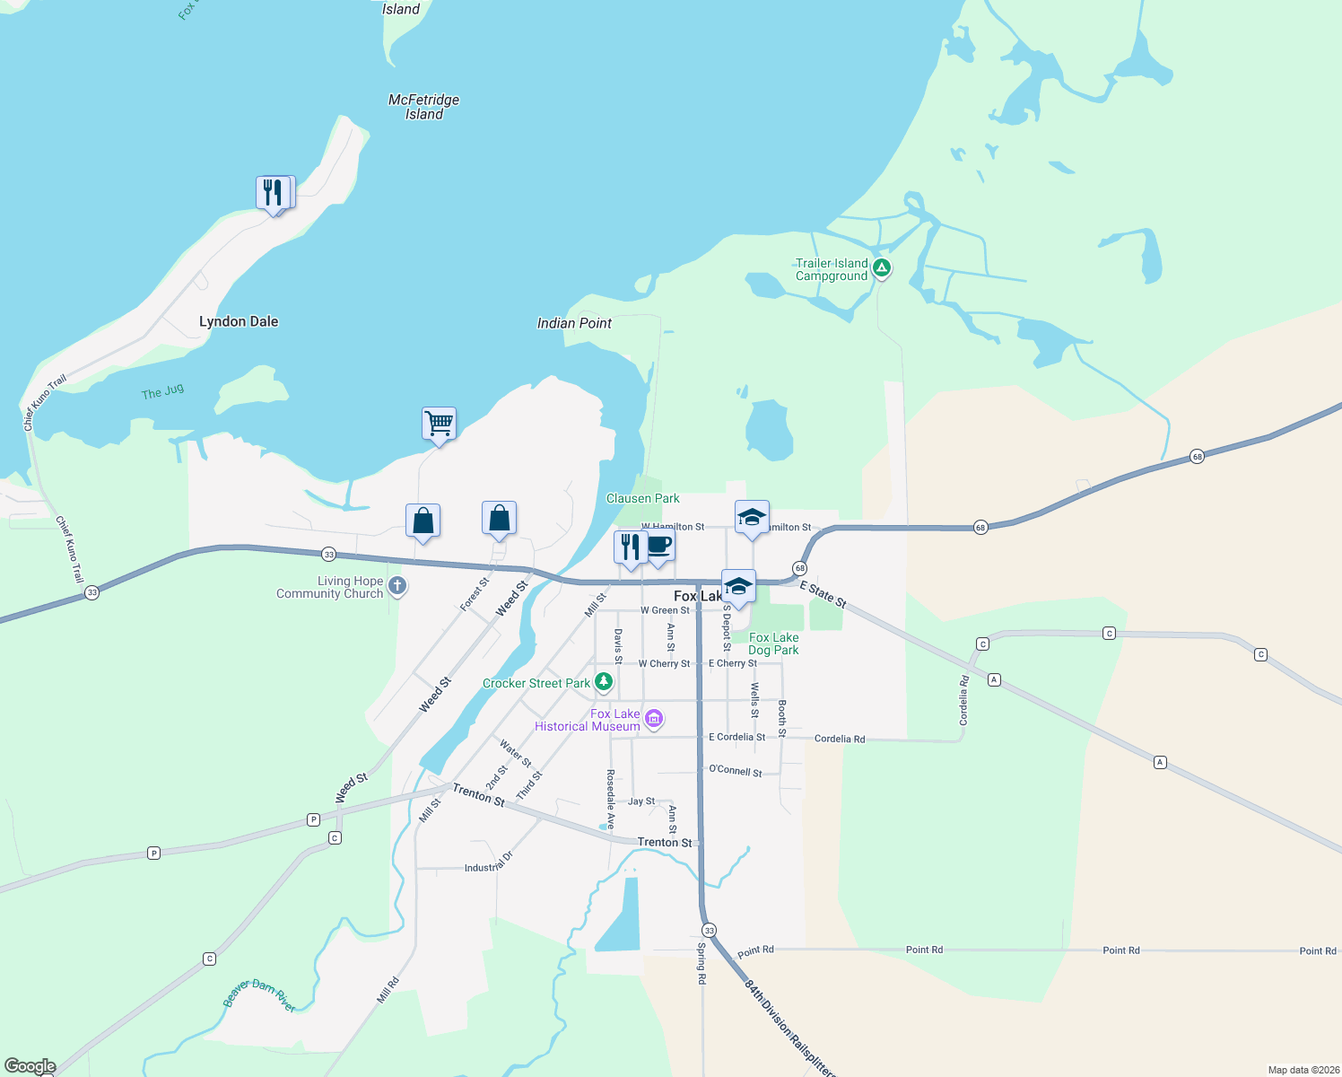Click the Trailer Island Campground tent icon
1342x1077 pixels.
[882, 267]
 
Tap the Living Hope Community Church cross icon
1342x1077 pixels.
[397, 587]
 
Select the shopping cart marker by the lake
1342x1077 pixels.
[439, 422]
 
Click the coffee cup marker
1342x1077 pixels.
[659, 545]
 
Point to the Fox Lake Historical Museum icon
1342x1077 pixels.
[655, 718]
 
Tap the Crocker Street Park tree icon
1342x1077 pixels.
[605, 682]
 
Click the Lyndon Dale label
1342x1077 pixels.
[239, 321]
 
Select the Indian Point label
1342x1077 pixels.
[574, 323]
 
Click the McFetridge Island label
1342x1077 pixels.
[423, 107]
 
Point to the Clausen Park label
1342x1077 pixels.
[643, 498]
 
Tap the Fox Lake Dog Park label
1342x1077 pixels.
[773, 644]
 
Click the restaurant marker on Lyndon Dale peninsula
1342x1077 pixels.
[273, 192]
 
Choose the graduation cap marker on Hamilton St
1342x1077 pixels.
[752, 517]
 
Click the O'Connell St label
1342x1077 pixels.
[735, 770]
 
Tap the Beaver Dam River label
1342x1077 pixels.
[259, 995]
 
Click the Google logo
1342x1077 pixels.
[30, 1066]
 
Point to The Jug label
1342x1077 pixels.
[162, 391]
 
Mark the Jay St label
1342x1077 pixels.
[640, 801]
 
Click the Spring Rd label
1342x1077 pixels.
[701, 963]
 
